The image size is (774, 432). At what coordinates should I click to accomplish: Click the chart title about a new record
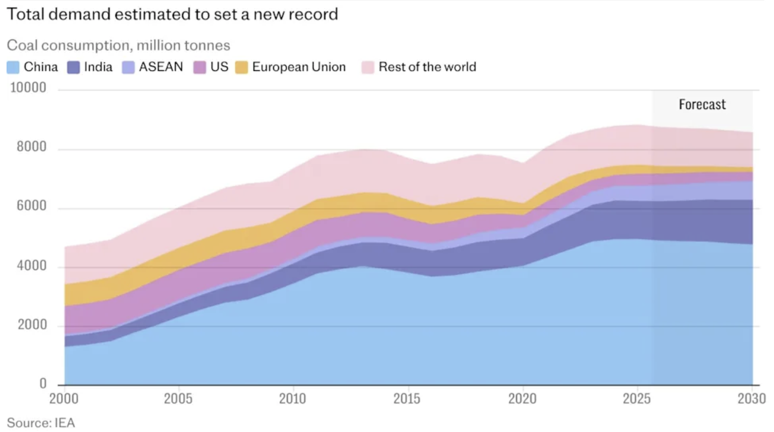pyautogui.click(x=172, y=14)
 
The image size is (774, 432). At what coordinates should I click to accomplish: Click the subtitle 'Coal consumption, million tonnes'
pyautogui.click(x=118, y=45)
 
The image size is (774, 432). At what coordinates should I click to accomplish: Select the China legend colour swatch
pyautogui.click(x=14, y=67)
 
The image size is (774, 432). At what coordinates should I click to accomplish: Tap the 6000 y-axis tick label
pyautogui.click(x=29, y=208)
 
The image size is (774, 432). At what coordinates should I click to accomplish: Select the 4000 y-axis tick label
pyautogui.click(x=29, y=267)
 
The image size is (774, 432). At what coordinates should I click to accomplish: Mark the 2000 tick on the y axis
pyautogui.click(x=29, y=325)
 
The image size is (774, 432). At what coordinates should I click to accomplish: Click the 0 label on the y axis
pyautogui.click(x=43, y=384)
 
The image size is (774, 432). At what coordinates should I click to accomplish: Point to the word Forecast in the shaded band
pyautogui.click(x=702, y=105)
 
